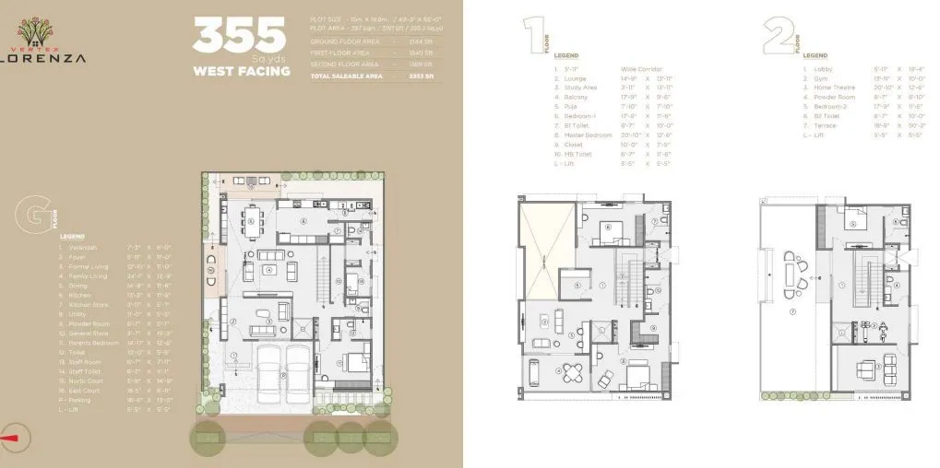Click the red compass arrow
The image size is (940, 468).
pos(11,438)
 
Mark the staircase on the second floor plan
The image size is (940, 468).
pos(866,276)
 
